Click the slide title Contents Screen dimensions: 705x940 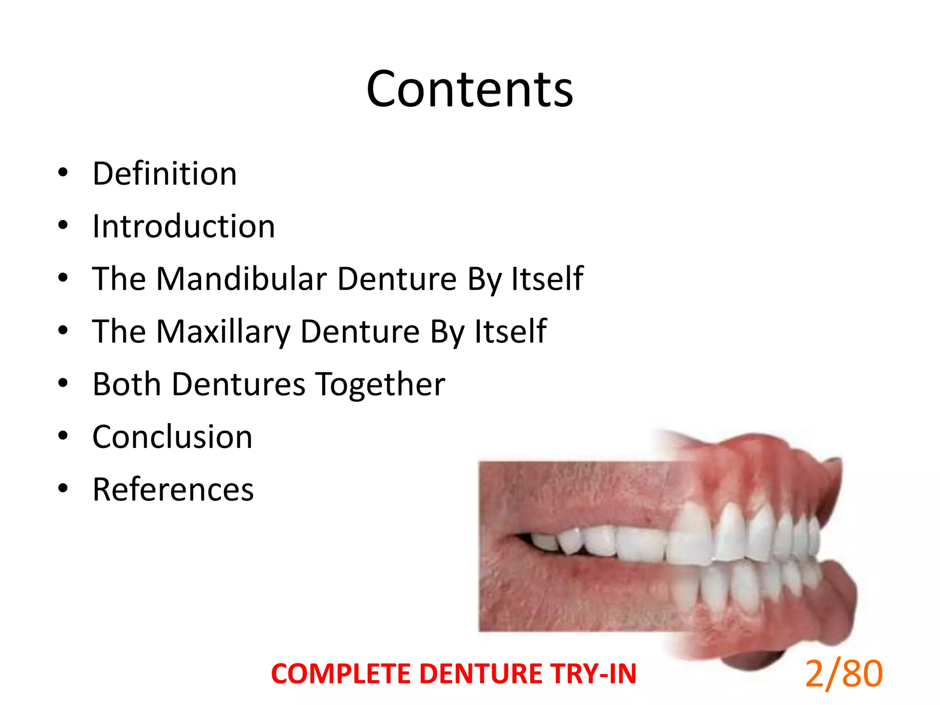[470, 90]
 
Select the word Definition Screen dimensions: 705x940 [165, 174]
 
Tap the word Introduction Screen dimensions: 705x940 [184, 227]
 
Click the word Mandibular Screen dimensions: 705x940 [241, 279]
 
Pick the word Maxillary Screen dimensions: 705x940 [223, 332]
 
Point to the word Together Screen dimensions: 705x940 [381, 384]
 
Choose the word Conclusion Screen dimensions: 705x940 [173, 437]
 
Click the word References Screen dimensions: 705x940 [173, 490]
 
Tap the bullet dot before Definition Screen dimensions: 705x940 [63, 173]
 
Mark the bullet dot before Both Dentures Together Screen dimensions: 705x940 [63, 383]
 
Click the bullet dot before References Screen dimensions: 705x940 [63, 488]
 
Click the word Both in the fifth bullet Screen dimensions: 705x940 [127, 384]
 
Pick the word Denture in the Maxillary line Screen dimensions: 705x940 [360, 332]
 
